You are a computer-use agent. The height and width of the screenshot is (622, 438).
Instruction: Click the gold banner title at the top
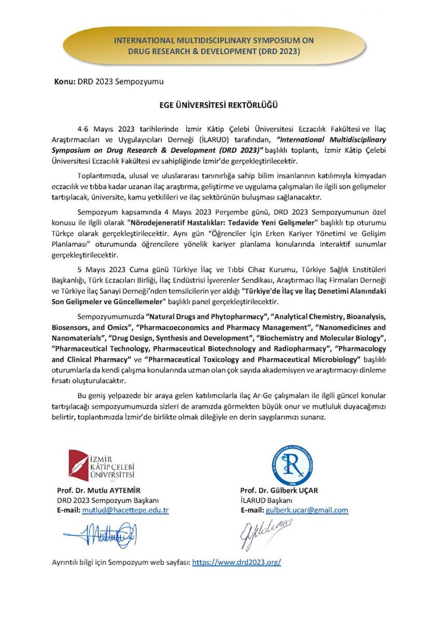click(x=214, y=46)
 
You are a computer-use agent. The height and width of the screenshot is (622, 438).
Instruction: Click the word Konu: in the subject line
click(x=65, y=82)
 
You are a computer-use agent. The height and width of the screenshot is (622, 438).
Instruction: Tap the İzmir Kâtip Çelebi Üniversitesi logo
click(x=102, y=464)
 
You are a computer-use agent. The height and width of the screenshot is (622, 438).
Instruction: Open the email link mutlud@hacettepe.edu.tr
click(x=126, y=510)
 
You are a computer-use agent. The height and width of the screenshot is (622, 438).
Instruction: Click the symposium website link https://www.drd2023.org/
click(x=237, y=562)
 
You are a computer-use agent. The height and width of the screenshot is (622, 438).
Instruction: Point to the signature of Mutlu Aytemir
click(x=100, y=531)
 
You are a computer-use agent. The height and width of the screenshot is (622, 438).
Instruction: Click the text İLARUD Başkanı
click(x=266, y=500)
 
